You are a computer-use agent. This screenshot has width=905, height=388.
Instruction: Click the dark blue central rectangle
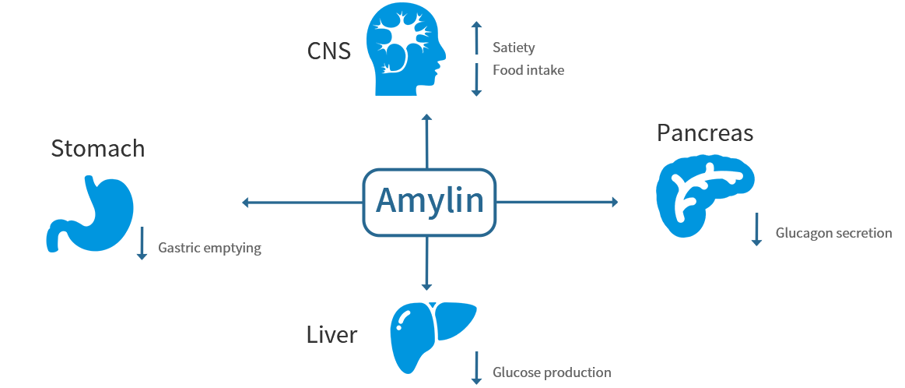coord(429,202)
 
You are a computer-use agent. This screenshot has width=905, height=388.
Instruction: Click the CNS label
coord(328,51)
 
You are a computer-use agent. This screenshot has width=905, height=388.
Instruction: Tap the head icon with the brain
coord(407,48)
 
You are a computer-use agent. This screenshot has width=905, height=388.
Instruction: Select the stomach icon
coord(90,214)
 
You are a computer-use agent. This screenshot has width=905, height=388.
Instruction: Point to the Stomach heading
coord(98,148)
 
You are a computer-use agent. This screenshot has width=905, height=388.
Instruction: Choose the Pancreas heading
coord(705,133)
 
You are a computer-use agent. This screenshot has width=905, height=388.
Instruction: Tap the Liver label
coord(331,335)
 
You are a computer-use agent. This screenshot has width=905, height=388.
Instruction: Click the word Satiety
coord(514,48)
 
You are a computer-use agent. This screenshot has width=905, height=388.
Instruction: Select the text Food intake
coord(528,70)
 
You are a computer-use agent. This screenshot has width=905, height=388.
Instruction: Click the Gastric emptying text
coord(209,249)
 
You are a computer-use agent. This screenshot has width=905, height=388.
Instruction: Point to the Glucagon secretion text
coord(833,233)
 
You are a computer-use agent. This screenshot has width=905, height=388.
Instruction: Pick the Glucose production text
coord(552,372)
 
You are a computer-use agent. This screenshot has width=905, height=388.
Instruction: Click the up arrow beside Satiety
coord(477,37)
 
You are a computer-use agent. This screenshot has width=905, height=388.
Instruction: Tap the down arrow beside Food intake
coord(477,79)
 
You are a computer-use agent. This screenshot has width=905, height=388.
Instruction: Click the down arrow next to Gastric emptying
coord(142,243)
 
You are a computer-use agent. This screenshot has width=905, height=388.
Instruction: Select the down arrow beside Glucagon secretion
coord(756,229)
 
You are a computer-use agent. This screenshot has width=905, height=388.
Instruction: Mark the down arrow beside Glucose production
coord(476,368)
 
